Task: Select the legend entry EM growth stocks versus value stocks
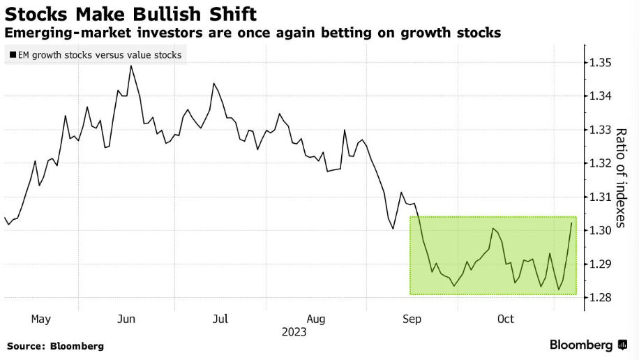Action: tap(96, 54)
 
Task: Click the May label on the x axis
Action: tap(41, 319)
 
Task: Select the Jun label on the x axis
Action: tap(126, 319)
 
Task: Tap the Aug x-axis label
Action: tap(316, 319)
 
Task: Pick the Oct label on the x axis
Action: tap(505, 319)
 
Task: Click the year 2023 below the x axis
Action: tap(294, 332)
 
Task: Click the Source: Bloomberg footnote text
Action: tap(55, 345)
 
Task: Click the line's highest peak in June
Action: tap(131, 66)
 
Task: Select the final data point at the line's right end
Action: tap(572, 223)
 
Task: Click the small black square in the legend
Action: tap(13, 55)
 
